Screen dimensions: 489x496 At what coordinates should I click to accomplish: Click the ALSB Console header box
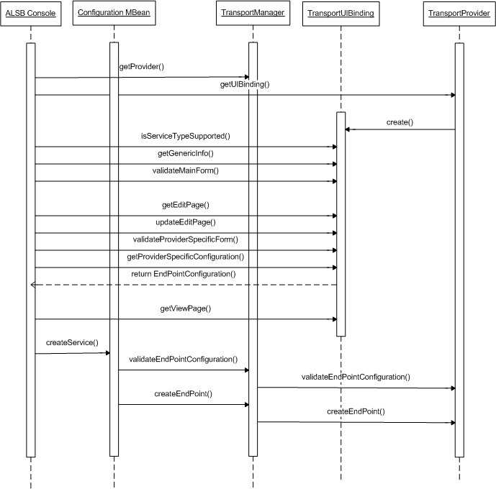click(31, 14)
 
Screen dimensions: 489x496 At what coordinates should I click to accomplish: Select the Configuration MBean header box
click(113, 14)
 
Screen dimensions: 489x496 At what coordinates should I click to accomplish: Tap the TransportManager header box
click(252, 14)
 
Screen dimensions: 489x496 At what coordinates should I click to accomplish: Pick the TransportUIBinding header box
click(340, 14)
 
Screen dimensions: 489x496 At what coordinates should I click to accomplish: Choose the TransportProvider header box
click(459, 14)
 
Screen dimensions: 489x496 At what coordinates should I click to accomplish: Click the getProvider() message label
click(142, 67)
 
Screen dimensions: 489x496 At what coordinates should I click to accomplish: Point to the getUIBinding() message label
click(245, 84)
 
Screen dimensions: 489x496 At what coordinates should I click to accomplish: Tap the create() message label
click(400, 122)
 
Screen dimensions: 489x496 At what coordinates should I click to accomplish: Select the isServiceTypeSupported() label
click(185, 136)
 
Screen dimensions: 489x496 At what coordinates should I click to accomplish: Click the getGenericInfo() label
click(185, 153)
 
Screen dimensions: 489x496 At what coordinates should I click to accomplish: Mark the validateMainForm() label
click(185, 170)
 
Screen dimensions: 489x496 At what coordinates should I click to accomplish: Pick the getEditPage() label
click(185, 205)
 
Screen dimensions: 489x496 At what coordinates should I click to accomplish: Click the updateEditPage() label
click(185, 222)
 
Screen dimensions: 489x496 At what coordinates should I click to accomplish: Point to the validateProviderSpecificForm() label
click(185, 239)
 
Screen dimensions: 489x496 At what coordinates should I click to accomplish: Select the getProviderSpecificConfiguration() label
click(185, 257)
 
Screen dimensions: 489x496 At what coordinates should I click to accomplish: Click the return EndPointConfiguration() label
click(184, 274)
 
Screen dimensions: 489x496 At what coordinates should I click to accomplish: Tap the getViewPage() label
click(185, 309)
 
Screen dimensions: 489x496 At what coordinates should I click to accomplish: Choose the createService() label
click(72, 342)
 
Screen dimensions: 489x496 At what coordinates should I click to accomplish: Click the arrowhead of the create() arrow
click(348, 129)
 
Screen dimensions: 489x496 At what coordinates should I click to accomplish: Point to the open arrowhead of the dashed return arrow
click(33, 285)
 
